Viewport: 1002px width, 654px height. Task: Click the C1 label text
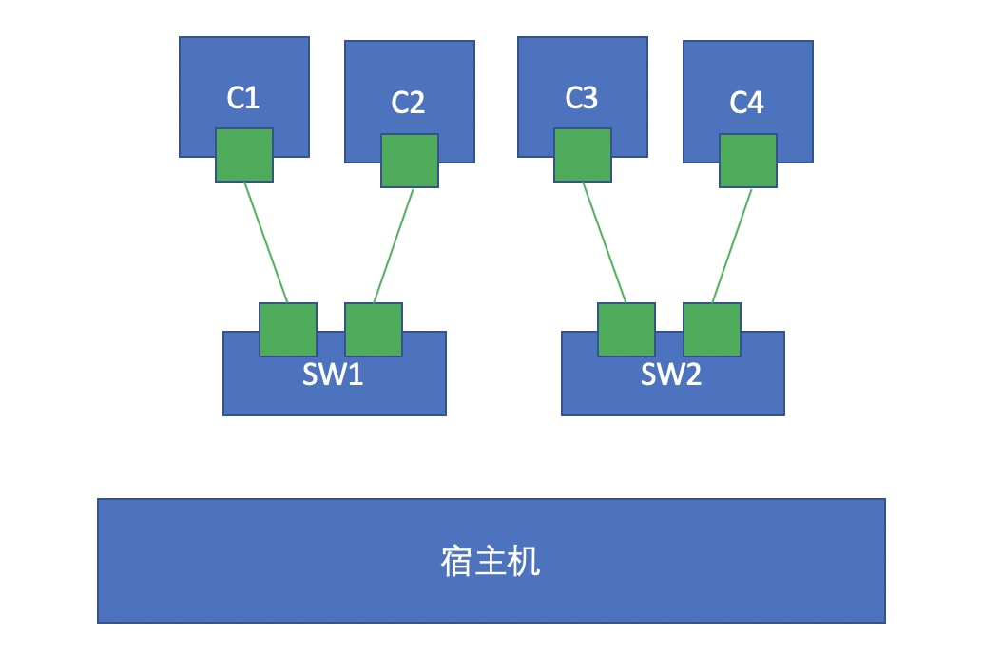pos(243,98)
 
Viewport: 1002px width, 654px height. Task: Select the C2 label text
pos(408,103)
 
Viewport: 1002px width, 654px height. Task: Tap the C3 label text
pos(581,98)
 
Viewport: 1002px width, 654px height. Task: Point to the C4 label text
pos(746,103)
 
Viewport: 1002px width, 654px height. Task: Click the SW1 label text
pos(333,375)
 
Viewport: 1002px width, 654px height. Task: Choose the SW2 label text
pos(671,375)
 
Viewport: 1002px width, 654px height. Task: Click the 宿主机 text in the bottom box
pos(491,562)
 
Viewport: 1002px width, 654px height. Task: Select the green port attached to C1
pos(244,155)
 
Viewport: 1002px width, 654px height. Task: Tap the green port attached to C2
pos(410,161)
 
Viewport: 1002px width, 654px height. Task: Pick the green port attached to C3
pos(583,155)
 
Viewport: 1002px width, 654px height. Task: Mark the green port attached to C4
pos(748,161)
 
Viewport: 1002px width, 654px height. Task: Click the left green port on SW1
pos(288,330)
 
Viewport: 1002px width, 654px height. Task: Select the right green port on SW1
pos(374,330)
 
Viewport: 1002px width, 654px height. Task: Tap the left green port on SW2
pos(626,330)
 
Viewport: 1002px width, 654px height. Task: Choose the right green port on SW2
pos(712,330)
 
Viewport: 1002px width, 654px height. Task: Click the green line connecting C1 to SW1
pos(265,242)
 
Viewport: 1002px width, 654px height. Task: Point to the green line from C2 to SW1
pos(394,245)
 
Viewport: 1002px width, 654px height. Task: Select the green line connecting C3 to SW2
pos(604,242)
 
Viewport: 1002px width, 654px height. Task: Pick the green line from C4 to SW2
pos(732,245)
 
